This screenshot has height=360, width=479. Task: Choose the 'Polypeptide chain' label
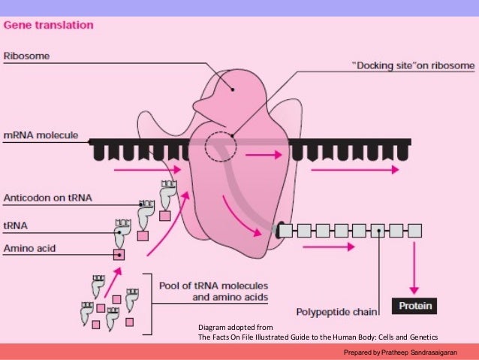336,310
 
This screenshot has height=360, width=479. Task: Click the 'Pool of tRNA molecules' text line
214,286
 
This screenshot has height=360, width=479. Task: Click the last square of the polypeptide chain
414,230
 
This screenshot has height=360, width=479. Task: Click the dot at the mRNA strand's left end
90,141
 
